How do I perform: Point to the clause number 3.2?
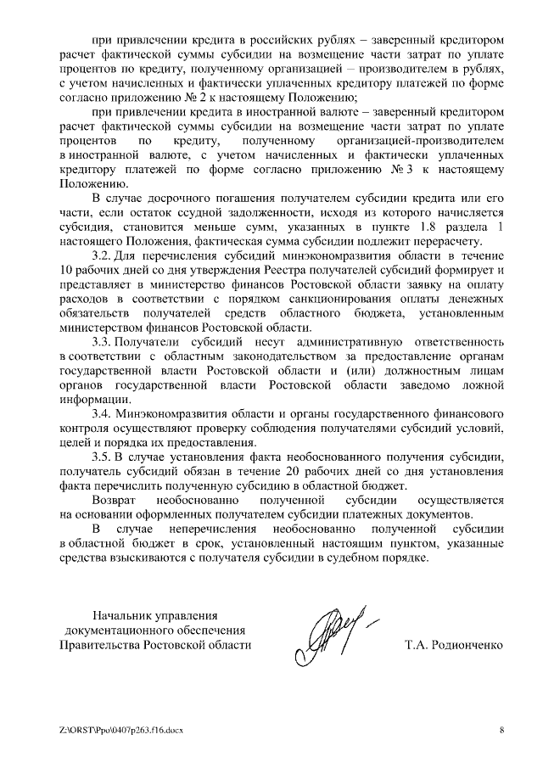pyautogui.click(x=101, y=255)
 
